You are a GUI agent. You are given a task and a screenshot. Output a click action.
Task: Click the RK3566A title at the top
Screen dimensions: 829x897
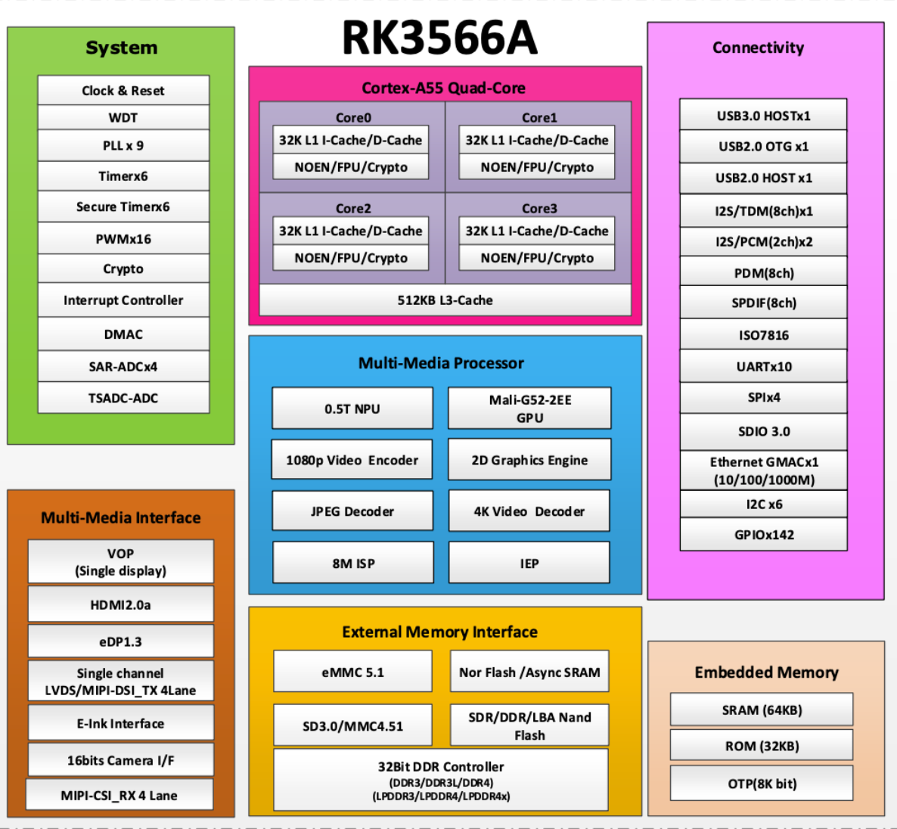click(439, 38)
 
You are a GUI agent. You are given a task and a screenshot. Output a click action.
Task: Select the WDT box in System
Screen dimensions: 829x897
click(123, 117)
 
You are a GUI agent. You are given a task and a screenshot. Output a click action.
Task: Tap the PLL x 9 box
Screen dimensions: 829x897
click(123, 145)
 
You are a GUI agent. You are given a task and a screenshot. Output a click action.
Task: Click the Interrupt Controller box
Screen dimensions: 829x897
click(123, 300)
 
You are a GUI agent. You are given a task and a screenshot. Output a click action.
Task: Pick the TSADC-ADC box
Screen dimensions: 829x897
click(123, 398)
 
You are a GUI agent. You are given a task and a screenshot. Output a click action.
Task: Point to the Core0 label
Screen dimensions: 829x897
click(353, 117)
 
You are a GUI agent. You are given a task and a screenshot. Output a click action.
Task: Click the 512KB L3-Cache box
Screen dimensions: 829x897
click(445, 300)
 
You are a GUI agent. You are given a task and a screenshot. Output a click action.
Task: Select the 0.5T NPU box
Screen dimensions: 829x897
click(352, 408)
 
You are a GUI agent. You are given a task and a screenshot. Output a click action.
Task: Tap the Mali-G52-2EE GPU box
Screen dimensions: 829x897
click(529, 408)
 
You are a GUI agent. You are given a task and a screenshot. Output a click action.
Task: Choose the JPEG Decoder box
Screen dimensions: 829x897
click(352, 511)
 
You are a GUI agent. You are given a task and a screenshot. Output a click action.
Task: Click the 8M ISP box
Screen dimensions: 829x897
click(353, 564)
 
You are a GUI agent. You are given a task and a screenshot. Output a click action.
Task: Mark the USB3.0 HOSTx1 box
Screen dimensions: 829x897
click(763, 116)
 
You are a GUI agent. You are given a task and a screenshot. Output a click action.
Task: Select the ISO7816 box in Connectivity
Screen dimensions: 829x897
click(763, 335)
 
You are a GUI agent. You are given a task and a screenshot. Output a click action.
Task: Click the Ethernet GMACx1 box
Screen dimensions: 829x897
click(763, 470)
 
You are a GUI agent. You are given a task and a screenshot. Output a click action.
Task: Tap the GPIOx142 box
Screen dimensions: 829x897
click(763, 535)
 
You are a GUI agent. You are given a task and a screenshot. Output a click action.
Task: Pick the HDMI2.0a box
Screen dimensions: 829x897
click(120, 605)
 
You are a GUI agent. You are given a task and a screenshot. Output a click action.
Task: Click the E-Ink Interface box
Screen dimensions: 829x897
click(120, 724)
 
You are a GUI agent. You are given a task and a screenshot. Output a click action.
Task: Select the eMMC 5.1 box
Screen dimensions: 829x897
click(352, 672)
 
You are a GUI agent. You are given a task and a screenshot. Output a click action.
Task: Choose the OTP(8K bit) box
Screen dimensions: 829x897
click(762, 784)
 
